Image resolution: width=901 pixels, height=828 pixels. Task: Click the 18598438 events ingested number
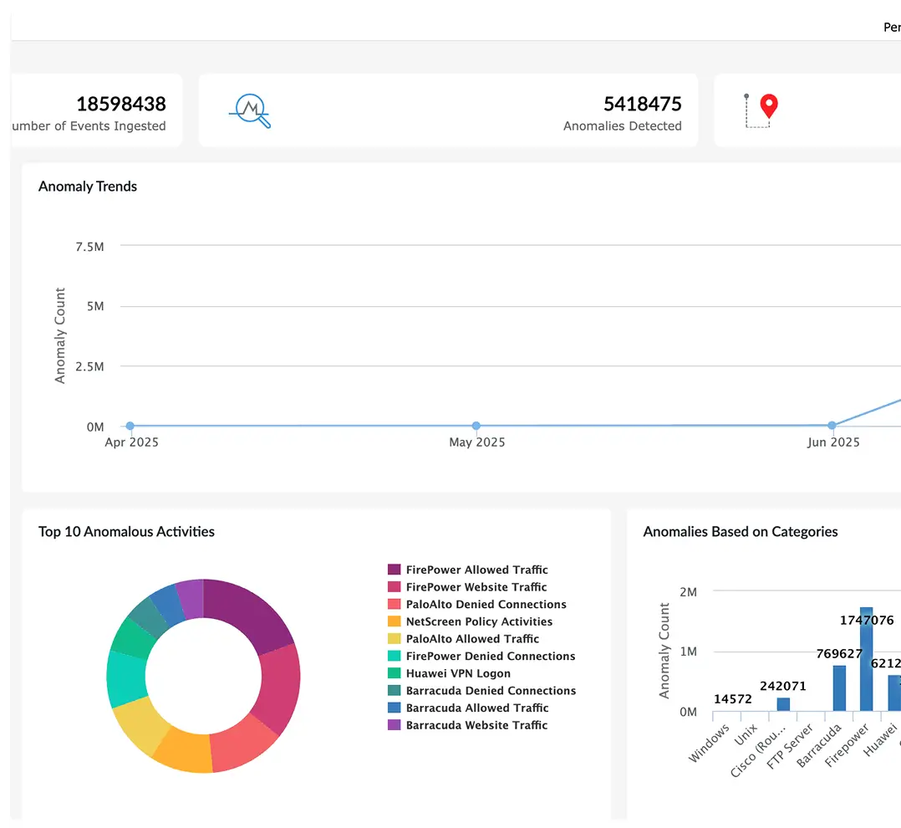[x=121, y=104]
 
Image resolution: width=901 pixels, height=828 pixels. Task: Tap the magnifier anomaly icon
[x=250, y=110]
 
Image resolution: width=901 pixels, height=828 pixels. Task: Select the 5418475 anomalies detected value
[x=643, y=104]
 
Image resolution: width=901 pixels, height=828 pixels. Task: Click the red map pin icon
[x=768, y=107]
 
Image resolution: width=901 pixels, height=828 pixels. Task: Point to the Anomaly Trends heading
[x=88, y=187]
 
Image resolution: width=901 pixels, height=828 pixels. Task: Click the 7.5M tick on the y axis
[x=89, y=246]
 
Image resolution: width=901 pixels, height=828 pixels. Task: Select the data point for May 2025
[x=476, y=426]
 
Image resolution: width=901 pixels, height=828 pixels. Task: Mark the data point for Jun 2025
[x=832, y=426]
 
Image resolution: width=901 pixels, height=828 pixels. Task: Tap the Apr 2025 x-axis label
[x=131, y=442]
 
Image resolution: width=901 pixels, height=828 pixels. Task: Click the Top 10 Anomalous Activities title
[x=126, y=532]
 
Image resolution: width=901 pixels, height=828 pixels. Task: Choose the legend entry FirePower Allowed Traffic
[x=476, y=570]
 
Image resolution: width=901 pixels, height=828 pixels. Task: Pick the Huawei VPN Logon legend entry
[x=458, y=673]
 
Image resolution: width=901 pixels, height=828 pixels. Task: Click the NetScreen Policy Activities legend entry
[x=479, y=621]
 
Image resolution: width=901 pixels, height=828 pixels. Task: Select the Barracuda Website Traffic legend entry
[x=476, y=725]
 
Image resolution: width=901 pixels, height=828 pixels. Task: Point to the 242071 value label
[x=783, y=687]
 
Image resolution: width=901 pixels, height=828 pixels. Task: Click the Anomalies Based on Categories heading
[x=741, y=532]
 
